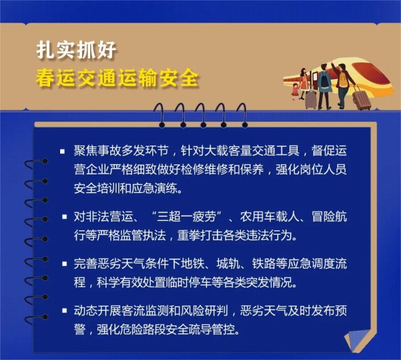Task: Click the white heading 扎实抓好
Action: click(x=76, y=50)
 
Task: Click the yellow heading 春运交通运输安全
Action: click(x=117, y=78)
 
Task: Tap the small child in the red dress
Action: click(x=296, y=91)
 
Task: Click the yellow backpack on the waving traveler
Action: click(x=343, y=79)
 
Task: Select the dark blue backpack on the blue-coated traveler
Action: click(x=325, y=80)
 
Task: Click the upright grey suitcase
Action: click(x=311, y=100)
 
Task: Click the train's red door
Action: click(x=315, y=81)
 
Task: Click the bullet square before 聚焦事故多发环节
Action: click(x=63, y=151)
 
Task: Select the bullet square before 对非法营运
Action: click(x=65, y=217)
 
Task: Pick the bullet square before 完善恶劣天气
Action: click(x=65, y=263)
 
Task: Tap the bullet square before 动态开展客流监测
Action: click(x=65, y=310)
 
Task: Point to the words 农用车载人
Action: click(x=269, y=217)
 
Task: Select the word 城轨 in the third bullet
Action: click(x=228, y=263)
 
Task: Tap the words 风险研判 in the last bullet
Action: click(x=204, y=311)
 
